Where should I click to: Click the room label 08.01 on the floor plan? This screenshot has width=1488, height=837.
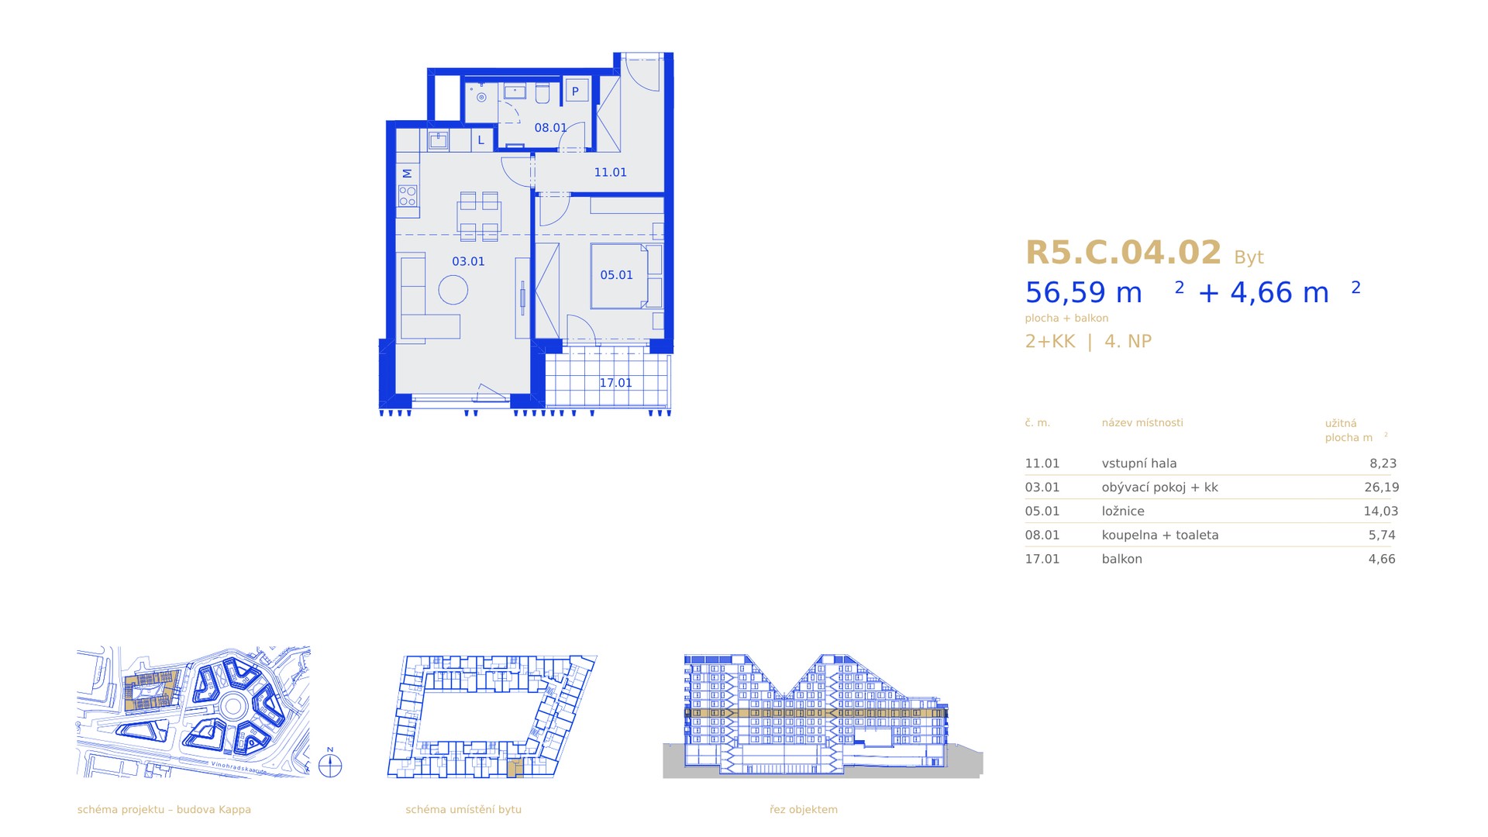point(550,128)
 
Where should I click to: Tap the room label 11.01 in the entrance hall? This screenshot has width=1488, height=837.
point(611,172)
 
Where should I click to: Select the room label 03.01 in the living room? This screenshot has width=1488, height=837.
point(468,261)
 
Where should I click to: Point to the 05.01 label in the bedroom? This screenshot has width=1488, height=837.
point(616,275)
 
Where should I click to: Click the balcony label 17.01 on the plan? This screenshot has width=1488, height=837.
point(615,383)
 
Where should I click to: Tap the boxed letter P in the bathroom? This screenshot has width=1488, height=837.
point(576,91)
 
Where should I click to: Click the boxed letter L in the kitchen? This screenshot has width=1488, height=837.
point(481,140)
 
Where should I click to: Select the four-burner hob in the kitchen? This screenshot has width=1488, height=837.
point(408,195)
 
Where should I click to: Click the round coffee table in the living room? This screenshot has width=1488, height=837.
point(453,291)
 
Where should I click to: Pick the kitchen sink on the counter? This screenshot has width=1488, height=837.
point(439,140)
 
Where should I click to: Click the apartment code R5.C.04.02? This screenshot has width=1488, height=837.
point(1123,253)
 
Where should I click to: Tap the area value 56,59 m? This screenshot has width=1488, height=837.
point(1083,293)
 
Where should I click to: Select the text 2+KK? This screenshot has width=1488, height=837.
point(1050,341)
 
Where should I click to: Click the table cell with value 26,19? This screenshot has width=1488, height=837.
point(1381,487)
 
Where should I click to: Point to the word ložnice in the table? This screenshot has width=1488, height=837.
point(1123,511)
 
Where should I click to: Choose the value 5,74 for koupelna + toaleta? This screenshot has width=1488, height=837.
point(1382,535)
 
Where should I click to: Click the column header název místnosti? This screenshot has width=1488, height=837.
point(1142,422)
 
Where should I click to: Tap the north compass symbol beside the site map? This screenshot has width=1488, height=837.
point(330,766)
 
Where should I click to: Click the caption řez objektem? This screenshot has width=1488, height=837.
point(804,809)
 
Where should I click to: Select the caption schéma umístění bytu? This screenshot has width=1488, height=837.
point(463,809)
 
